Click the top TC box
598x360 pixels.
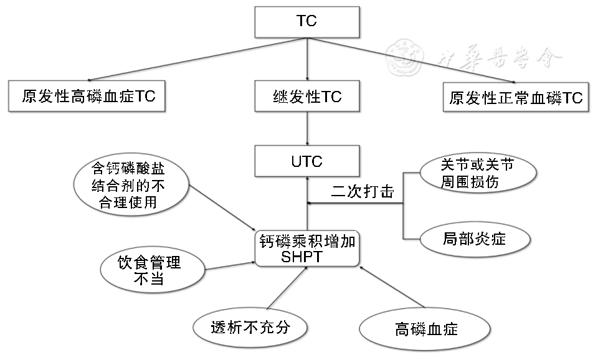307,22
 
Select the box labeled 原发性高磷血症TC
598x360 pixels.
87,97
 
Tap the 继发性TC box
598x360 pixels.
307,97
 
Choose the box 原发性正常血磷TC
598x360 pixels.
516,97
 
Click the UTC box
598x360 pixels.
307,161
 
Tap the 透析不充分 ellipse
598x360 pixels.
250,326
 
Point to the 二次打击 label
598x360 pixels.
363,192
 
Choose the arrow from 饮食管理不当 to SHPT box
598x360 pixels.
230,266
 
